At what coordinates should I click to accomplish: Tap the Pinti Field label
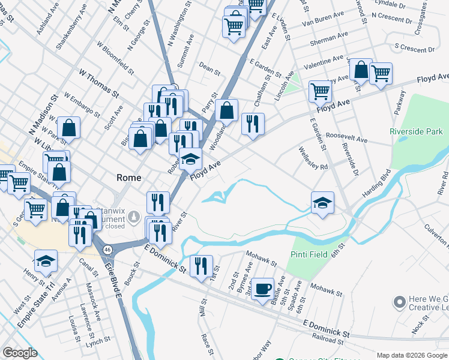(x=310, y=254)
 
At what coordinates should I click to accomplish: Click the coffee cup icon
(x=262, y=289)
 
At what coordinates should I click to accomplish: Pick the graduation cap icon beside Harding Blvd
(x=322, y=203)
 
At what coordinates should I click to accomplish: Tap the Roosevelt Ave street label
(x=346, y=139)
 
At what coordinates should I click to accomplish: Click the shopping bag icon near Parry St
(x=227, y=110)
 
